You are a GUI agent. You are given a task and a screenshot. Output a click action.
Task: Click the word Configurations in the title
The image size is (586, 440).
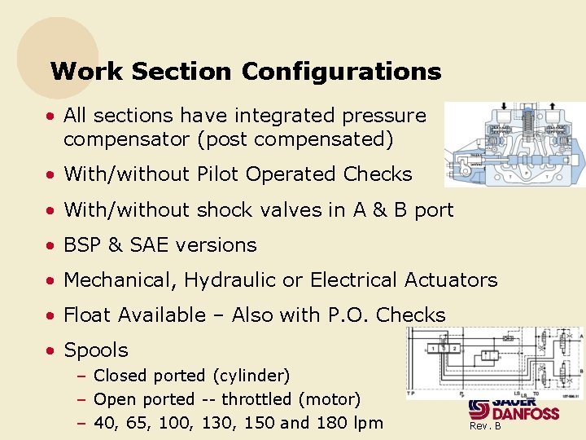click(341, 72)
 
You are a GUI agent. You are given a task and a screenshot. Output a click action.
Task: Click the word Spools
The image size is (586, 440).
click(96, 351)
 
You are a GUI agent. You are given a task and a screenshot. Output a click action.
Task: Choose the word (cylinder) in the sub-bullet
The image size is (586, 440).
click(250, 376)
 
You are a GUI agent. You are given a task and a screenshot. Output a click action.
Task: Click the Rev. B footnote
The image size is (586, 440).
click(485, 425)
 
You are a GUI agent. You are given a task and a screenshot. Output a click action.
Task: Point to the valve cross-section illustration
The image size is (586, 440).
click(514, 146)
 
